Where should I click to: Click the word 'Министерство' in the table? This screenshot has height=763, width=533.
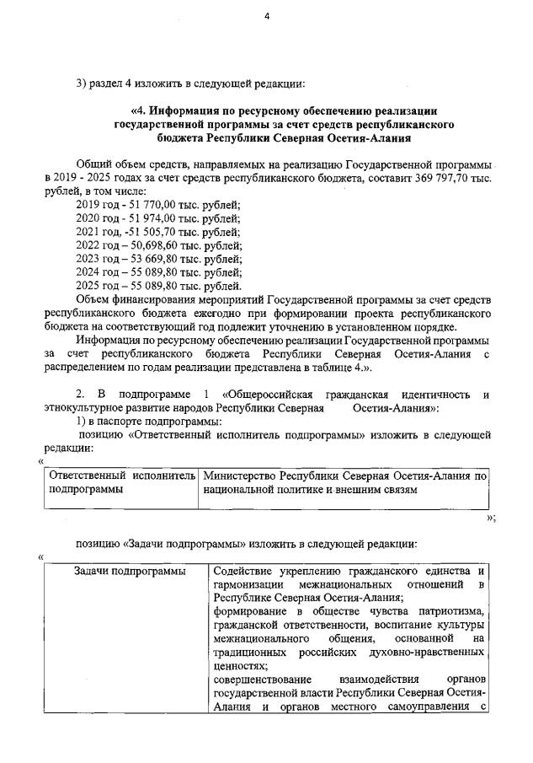point(239,476)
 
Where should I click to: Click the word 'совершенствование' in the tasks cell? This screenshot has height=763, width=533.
point(261,679)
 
